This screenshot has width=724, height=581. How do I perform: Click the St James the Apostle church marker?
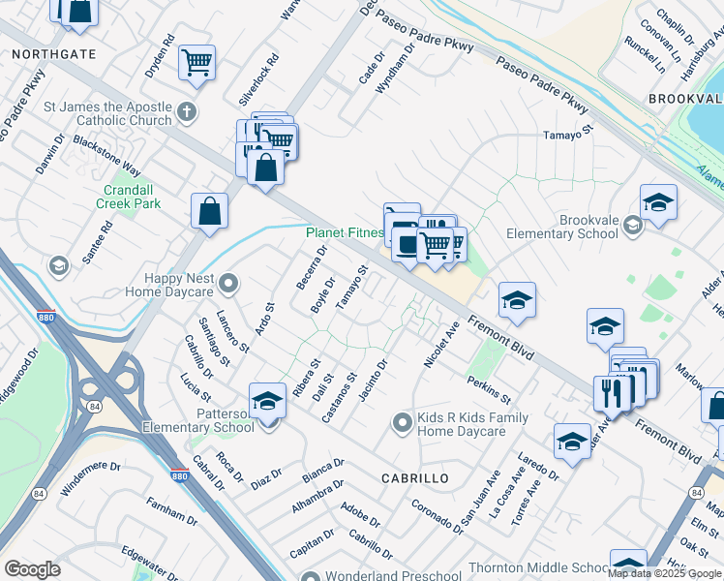[188, 112]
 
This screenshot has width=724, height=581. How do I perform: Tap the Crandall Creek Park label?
[128, 197]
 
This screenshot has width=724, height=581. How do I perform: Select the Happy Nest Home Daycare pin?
[228, 284]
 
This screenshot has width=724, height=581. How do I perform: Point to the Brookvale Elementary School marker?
[633, 226]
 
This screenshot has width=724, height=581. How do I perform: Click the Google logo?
[33, 569]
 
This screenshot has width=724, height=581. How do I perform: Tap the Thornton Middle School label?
[538, 568]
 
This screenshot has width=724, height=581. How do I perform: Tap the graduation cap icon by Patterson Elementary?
[267, 399]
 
